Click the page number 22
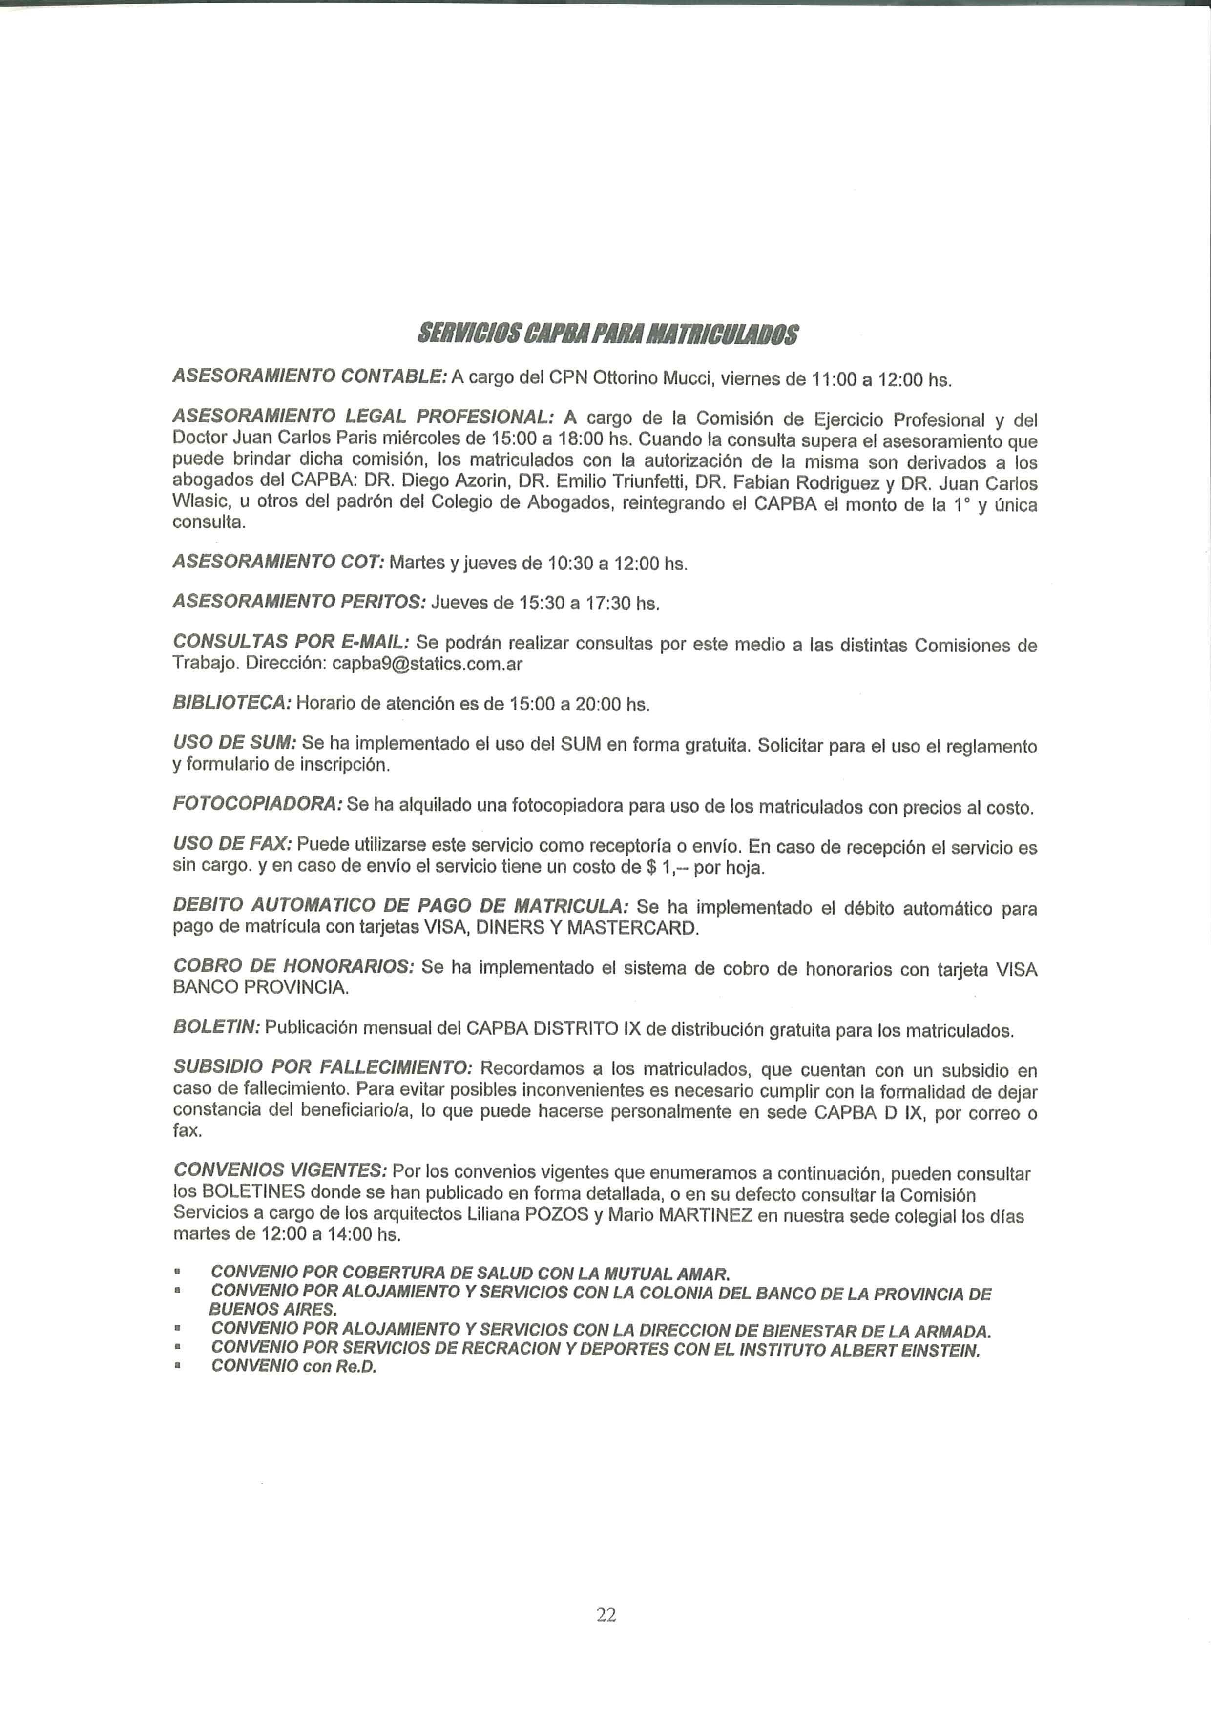coord(606,1614)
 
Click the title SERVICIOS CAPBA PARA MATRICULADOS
coord(607,334)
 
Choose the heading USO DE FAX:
coord(233,844)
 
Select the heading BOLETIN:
coord(216,1028)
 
